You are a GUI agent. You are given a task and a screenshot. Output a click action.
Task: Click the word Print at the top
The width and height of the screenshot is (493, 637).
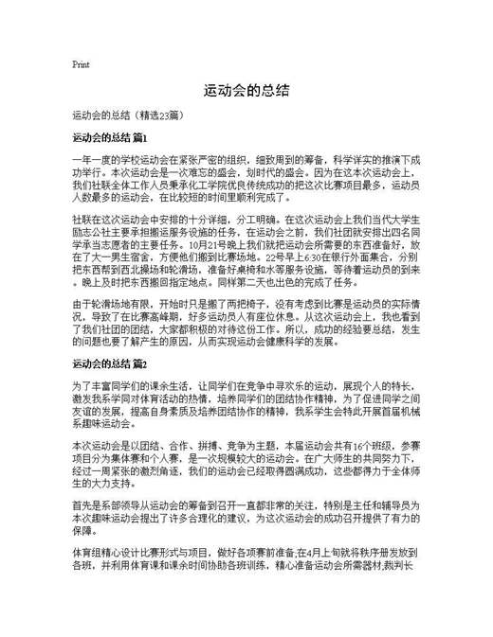(x=81, y=64)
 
